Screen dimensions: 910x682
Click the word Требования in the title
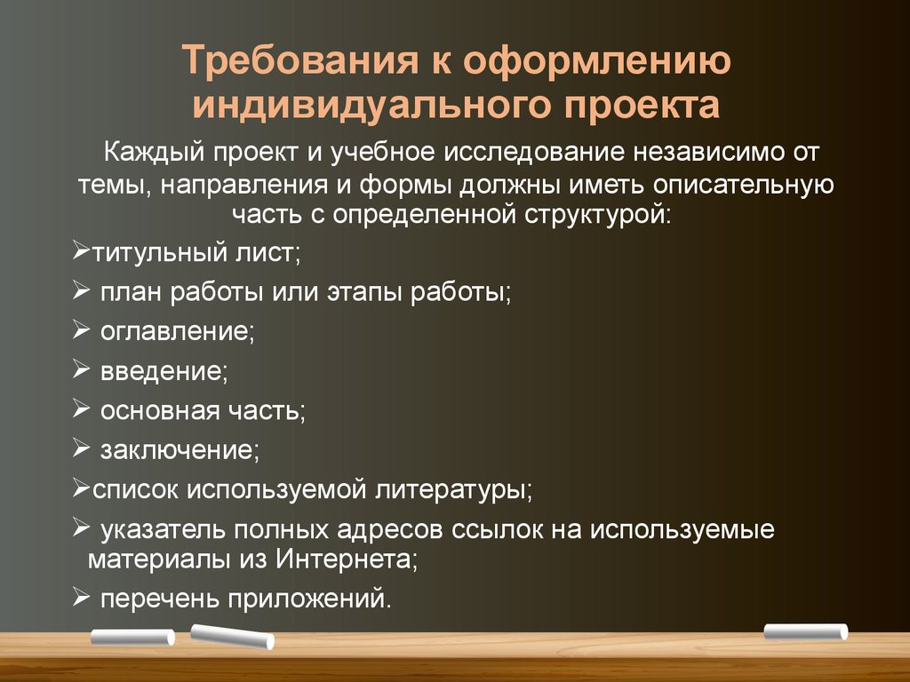(300, 60)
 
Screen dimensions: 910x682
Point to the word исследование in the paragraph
(534, 153)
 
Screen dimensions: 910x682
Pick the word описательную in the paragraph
(744, 185)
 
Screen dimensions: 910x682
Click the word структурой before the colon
(594, 216)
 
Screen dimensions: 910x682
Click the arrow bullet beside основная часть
(81, 408)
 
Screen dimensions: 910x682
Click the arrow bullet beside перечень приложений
(81, 596)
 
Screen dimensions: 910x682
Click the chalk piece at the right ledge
(805, 631)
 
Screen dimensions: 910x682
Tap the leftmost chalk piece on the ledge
(133, 637)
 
